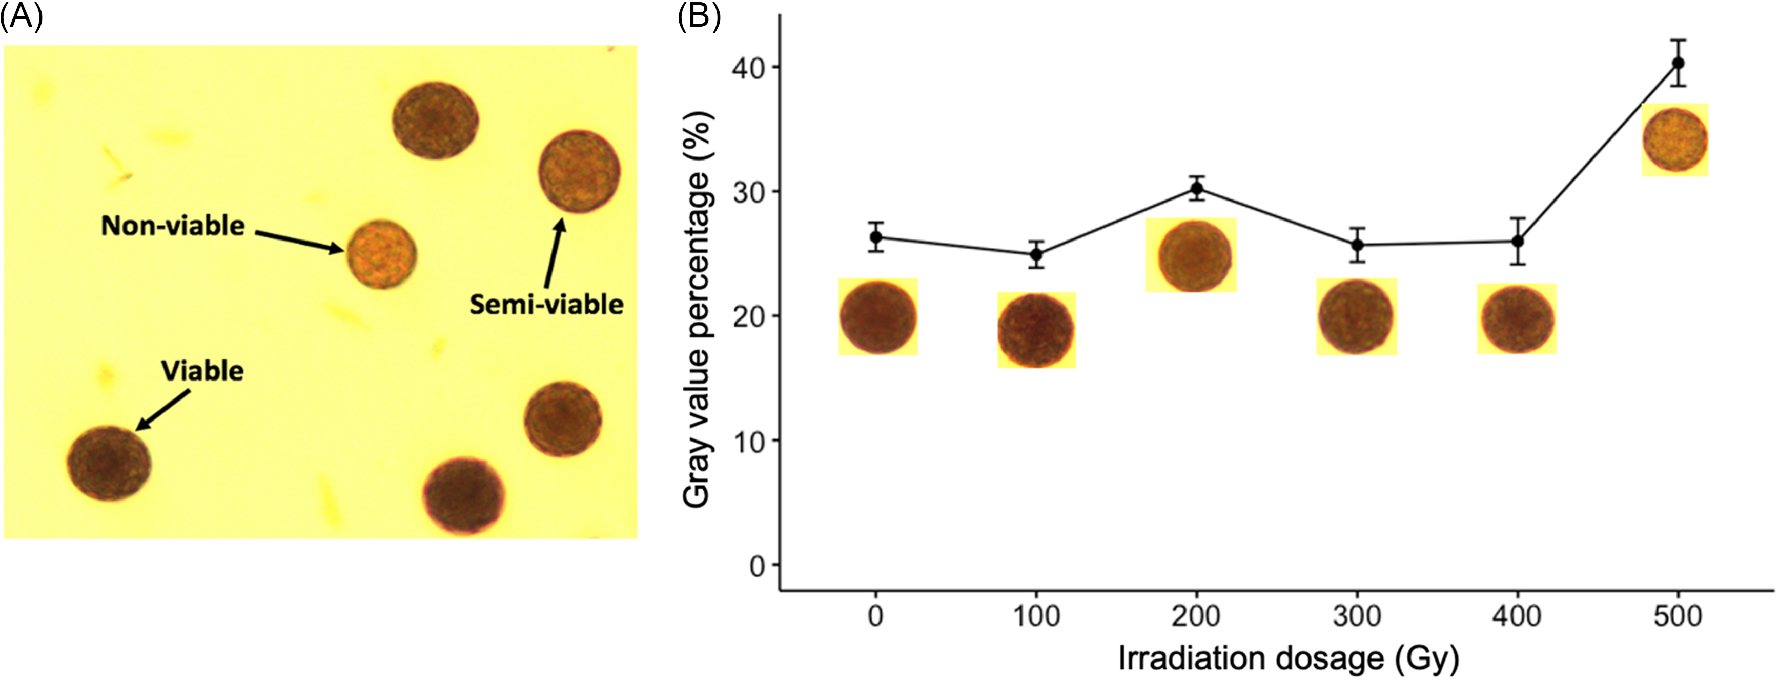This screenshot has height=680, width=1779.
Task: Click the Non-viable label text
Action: [x=173, y=226]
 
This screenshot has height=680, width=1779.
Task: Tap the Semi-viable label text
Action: [x=546, y=305]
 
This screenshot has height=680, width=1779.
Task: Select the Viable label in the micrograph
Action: [x=202, y=371]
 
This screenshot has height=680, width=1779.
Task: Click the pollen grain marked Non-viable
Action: [x=381, y=254]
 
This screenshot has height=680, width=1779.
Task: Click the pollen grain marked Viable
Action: [x=109, y=463]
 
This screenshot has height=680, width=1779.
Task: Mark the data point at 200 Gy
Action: [x=1197, y=188]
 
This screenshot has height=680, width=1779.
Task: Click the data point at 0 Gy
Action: [x=876, y=237]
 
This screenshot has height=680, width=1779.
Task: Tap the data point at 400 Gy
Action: [x=1517, y=241]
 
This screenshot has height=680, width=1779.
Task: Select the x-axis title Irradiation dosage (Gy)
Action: [x=1288, y=658]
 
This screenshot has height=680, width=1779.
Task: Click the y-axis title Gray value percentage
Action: [x=697, y=311]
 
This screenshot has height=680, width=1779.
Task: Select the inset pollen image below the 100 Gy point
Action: [x=1036, y=330]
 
